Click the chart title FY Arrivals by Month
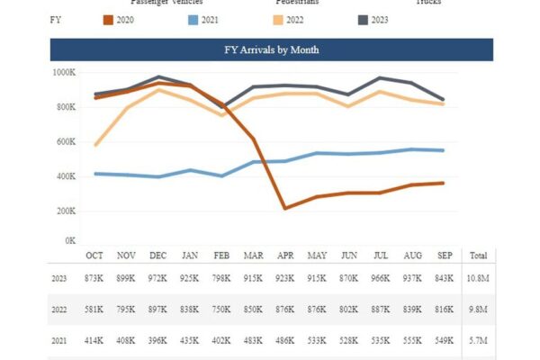[271, 50]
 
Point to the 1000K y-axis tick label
[63, 73]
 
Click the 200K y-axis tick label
[65, 211]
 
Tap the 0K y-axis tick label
[69, 241]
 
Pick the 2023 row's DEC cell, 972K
[158, 279]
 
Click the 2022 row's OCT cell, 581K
[94, 311]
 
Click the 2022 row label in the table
[59, 311]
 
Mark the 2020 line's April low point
[285, 208]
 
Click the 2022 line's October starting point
[94, 145]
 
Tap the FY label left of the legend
[56, 19]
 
